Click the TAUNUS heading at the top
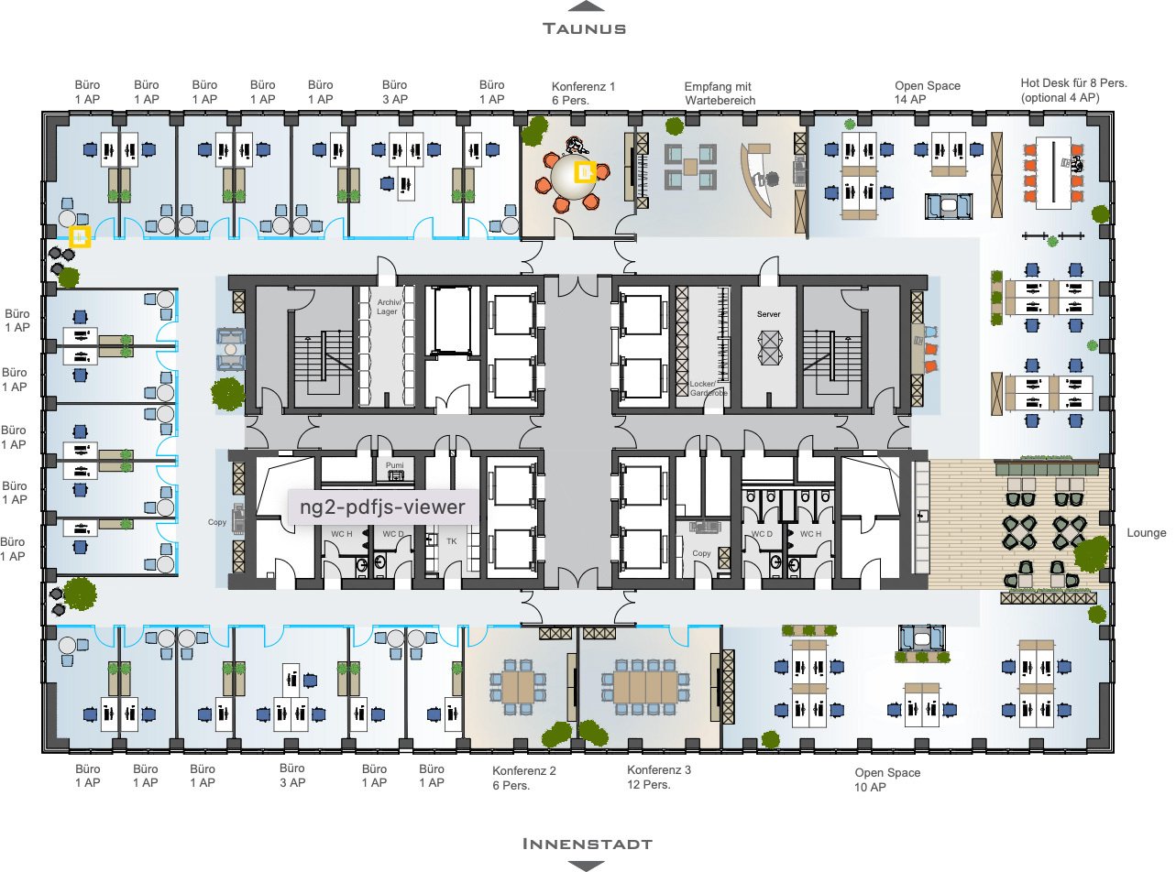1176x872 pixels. (x=584, y=28)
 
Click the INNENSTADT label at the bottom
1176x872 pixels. (x=587, y=844)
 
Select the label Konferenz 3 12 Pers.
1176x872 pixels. (x=659, y=777)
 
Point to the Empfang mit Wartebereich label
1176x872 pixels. (x=720, y=93)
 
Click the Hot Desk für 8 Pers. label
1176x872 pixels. (x=1073, y=83)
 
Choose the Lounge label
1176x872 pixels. (x=1147, y=533)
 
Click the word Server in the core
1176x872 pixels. (x=768, y=314)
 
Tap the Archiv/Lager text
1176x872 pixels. (x=389, y=307)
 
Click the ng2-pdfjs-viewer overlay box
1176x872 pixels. (x=383, y=507)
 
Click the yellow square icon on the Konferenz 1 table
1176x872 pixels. (x=586, y=172)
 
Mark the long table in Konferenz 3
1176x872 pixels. (x=646, y=688)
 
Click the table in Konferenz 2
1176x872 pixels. (x=519, y=688)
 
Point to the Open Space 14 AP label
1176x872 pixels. (x=928, y=93)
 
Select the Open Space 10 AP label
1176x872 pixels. (x=887, y=779)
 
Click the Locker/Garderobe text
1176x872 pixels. (x=709, y=388)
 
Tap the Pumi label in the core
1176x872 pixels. (x=394, y=465)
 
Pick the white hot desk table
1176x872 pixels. (x=1053, y=173)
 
